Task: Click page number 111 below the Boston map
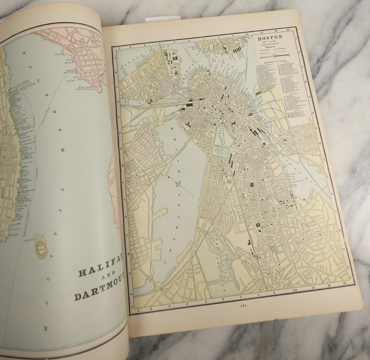coord(243,306)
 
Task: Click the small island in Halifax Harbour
coord(41,246)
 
